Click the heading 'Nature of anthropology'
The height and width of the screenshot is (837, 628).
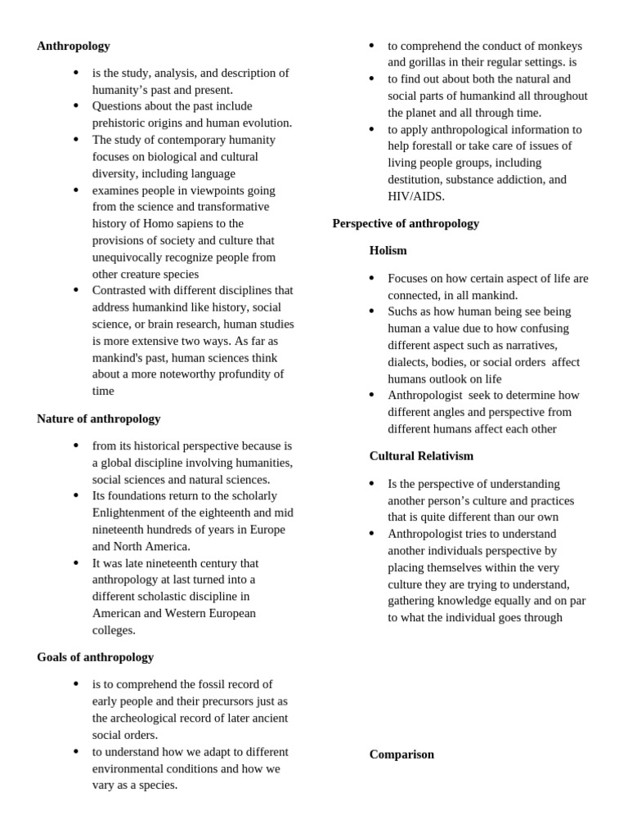click(x=98, y=418)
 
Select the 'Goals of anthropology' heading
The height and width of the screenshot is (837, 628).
click(x=95, y=657)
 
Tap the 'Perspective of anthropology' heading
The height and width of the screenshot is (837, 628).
click(x=406, y=223)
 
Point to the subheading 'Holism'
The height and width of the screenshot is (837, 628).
click(x=388, y=250)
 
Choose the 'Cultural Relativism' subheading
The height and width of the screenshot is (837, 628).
click(x=421, y=456)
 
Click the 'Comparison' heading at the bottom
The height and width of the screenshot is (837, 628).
click(x=401, y=754)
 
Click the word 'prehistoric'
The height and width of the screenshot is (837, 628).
click(x=119, y=123)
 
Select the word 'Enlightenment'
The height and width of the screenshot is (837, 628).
click(x=130, y=512)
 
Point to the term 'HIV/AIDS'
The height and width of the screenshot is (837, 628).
click(x=416, y=196)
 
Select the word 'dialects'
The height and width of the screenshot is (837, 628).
click(x=409, y=362)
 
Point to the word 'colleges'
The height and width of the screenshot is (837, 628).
click(x=114, y=630)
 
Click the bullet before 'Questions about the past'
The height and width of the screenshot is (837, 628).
click(x=76, y=105)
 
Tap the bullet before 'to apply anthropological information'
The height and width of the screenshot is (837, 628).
click(x=371, y=129)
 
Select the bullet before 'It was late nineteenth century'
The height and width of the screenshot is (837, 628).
click(x=76, y=562)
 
